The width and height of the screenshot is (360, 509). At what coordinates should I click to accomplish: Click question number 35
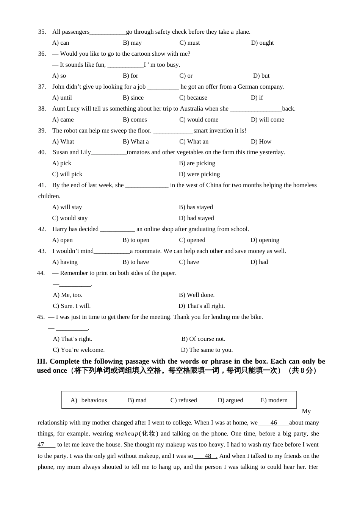pos(42,32)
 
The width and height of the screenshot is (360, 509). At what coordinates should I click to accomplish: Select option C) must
pos(189,43)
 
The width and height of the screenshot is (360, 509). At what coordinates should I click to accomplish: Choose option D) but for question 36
pos(261,76)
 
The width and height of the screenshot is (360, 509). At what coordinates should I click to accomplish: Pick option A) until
pos(62,98)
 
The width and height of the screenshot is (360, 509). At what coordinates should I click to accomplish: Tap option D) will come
pos(267,120)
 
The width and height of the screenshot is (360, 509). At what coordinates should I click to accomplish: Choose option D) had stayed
pos(196,218)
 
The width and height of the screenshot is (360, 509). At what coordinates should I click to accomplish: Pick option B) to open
pos(136,240)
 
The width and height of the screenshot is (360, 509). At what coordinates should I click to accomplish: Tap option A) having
pos(65,262)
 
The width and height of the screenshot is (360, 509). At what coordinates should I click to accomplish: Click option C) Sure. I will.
pos(72,306)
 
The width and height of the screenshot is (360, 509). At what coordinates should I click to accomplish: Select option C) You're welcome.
pos(78,350)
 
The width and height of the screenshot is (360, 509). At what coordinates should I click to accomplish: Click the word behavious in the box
pos(94,400)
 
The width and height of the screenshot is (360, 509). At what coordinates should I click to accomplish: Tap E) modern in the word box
pos(274,400)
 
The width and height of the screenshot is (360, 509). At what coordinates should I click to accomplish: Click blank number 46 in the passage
pos(274,423)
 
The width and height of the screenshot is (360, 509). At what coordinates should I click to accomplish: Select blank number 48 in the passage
pos(208,456)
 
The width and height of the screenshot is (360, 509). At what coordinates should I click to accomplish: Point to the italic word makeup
pos(127,434)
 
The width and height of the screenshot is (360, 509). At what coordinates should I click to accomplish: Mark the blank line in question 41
pos(147,186)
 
